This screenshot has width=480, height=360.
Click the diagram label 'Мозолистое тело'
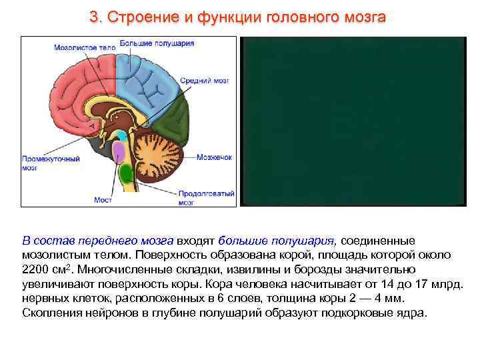pyautogui.click(x=85, y=47)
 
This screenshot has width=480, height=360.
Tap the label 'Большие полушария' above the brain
pyautogui.click(x=157, y=43)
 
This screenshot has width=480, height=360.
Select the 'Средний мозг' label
pyautogui.click(x=213, y=80)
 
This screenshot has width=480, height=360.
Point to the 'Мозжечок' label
pyautogui.click(x=214, y=157)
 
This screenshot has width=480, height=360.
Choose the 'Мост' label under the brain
pyautogui.click(x=103, y=199)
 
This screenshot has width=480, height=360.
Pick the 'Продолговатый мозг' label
pyautogui.click(x=206, y=197)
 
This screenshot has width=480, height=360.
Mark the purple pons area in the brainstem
pyautogui.click(x=119, y=153)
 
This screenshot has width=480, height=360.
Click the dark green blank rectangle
pyautogui.click(x=353, y=121)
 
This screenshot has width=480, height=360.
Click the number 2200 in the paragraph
pyautogui.click(x=35, y=269)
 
